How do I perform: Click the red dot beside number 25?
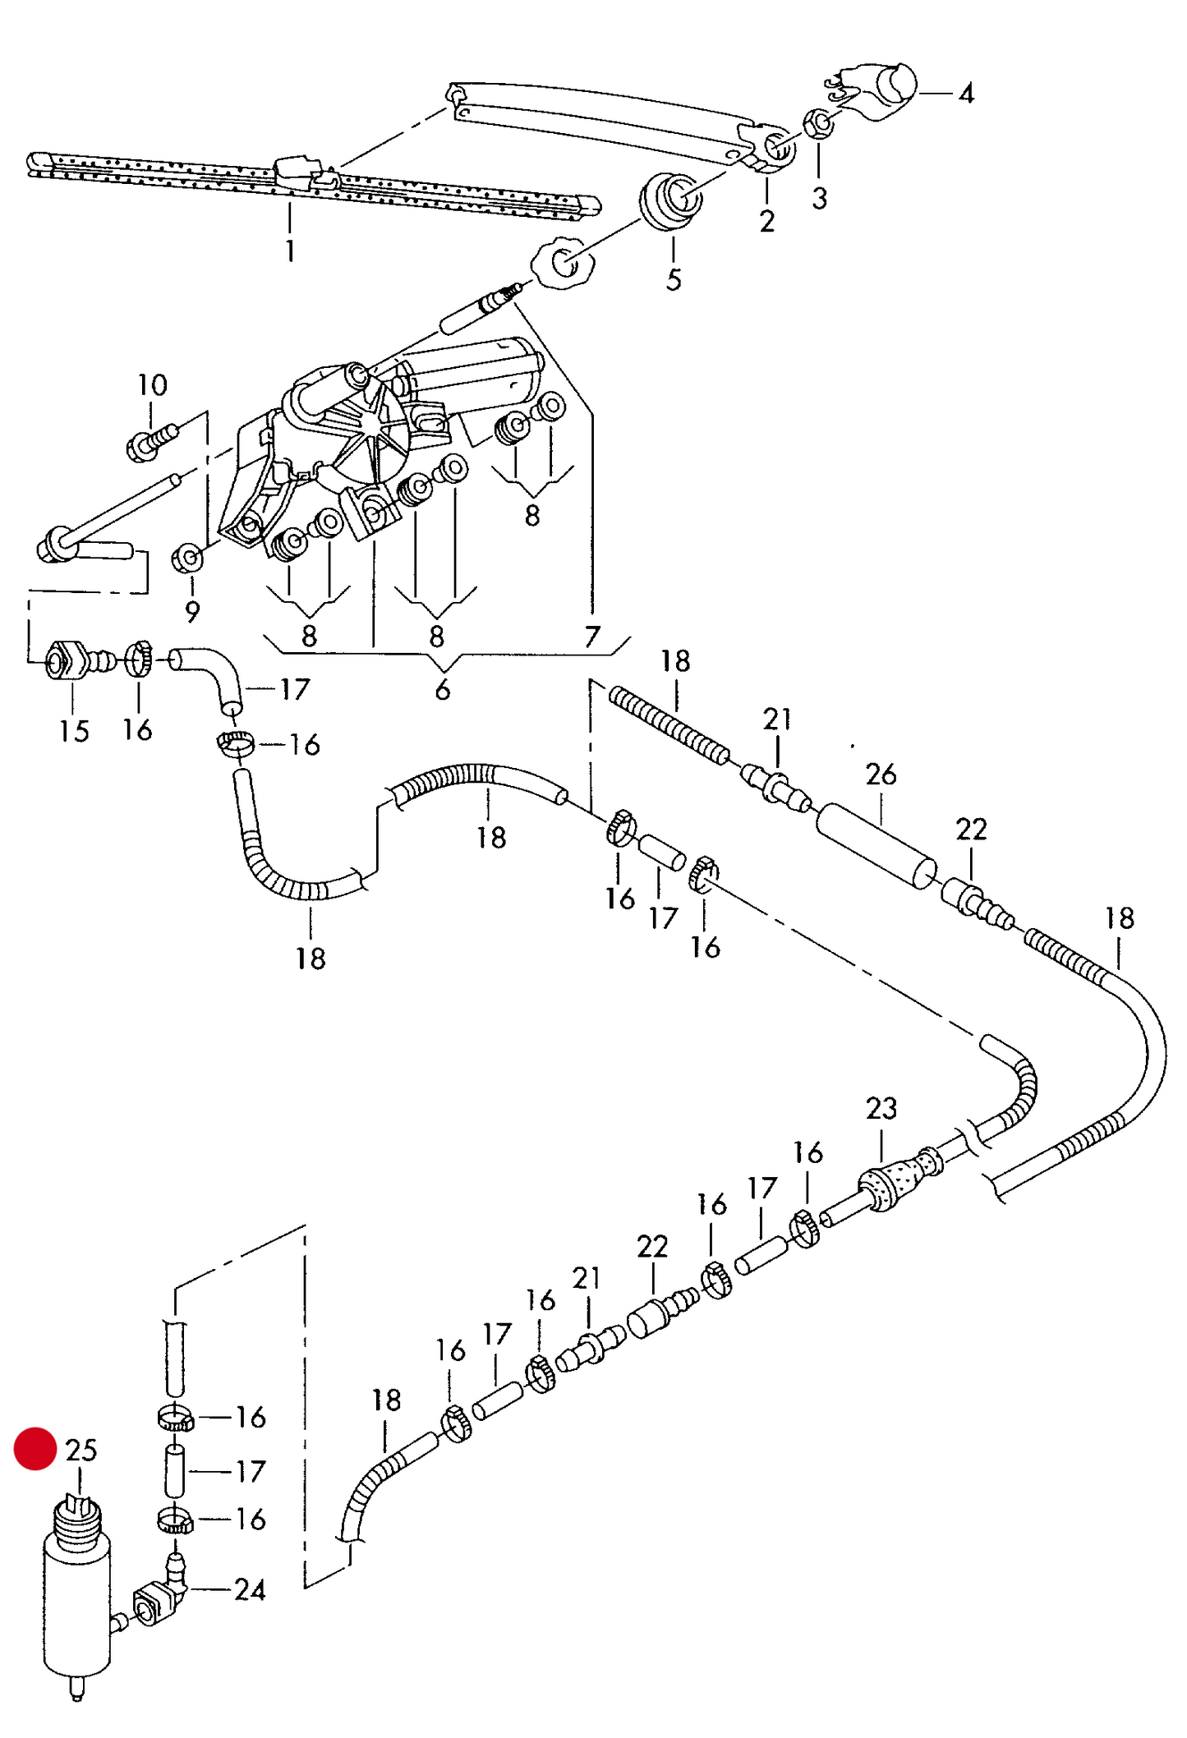pyautogui.click(x=35, y=1448)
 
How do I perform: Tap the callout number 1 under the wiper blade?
pyautogui.click(x=289, y=251)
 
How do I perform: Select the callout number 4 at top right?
pyautogui.click(x=966, y=94)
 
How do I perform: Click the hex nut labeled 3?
pyautogui.click(x=819, y=125)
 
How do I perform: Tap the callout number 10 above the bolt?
pyautogui.click(x=152, y=385)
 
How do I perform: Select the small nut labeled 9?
pyautogui.click(x=188, y=559)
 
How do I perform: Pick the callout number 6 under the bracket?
pyautogui.click(x=442, y=690)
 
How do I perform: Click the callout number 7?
pyautogui.click(x=592, y=637)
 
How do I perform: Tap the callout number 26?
pyautogui.click(x=881, y=774)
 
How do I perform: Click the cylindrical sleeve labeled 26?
pyautogui.click(x=876, y=846)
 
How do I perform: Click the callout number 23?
pyautogui.click(x=881, y=1108)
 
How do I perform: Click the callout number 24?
pyautogui.click(x=250, y=1590)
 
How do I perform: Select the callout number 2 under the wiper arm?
pyautogui.click(x=766, y=221)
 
